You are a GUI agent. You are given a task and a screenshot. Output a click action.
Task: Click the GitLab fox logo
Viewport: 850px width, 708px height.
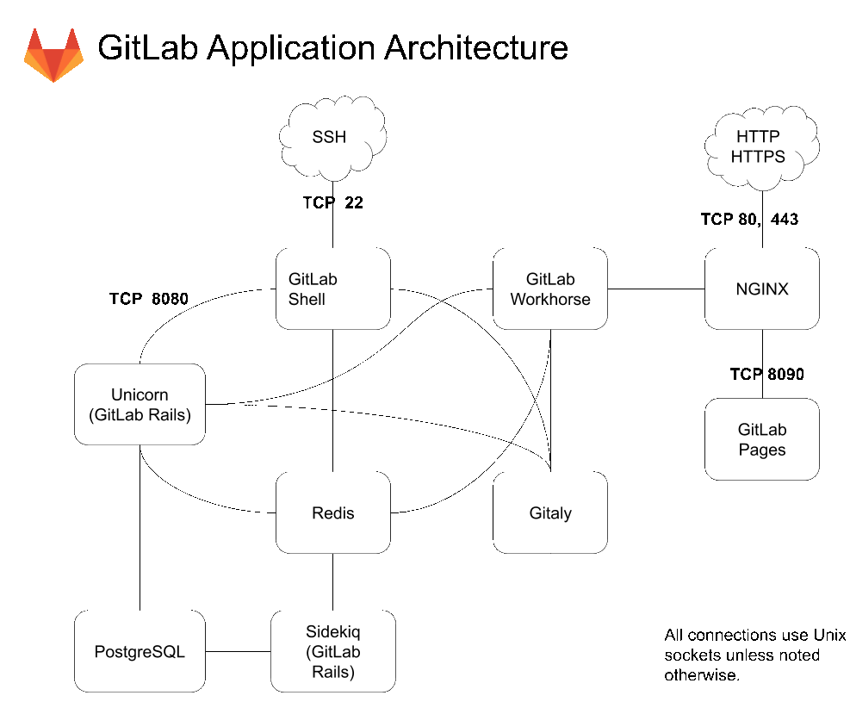pyautogui.click(x=53, y=55)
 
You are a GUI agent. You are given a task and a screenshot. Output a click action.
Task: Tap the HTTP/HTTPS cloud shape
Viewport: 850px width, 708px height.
pyautogui.click(x=760, y=146)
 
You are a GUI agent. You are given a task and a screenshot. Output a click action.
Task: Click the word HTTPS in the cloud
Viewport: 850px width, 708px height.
pyautogui.click(x=758, y=157)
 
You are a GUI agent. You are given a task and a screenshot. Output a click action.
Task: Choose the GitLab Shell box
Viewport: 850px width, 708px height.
pyautogui.click(x=332, y=289)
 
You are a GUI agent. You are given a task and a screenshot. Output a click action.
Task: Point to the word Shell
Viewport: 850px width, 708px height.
pyautogui.click(x=307, y=300)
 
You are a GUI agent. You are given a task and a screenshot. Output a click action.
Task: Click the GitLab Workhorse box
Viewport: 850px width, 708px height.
pyautogui.click(x=550, y=289)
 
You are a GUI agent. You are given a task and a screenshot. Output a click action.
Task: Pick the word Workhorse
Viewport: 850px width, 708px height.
pyautogui.click(x=550, y=300)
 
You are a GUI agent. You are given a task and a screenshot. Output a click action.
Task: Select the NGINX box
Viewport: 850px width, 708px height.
pyautogui.click(x=761, y=289)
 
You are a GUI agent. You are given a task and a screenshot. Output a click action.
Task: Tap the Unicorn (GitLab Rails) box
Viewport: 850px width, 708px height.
pyautogui.click(x=140, y=404)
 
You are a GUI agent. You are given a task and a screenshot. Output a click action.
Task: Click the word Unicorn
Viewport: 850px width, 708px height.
pyautogui.click(x=140, y=394)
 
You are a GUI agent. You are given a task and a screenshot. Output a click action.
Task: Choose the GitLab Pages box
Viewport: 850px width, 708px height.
pyautogui.click(x=761, y=438)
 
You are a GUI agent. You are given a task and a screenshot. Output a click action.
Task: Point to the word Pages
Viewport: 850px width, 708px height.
pyautogui.click(x=762, y=450)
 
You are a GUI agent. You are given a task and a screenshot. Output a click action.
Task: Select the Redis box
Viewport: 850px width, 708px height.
pyautogui.click(x=332, y=512)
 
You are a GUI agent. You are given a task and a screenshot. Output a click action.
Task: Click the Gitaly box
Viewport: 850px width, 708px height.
pyautogui.click(x=550, y=512)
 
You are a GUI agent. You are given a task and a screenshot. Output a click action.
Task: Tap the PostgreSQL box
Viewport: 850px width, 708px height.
pyautogui.click(x=140, y=651)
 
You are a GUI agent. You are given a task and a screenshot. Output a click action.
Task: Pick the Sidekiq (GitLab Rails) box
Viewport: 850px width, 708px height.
pyautogui.click(x=332, y=651)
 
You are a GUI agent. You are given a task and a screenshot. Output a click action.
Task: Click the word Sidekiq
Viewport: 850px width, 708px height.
pyautogui.click(x=332, y=632)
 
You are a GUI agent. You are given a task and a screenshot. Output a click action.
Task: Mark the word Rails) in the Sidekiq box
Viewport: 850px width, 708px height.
pyautogui.click(x=332, y=671)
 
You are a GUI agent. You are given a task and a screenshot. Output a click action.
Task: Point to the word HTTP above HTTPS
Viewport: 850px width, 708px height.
pyautogui.click(x=758, y=137)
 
